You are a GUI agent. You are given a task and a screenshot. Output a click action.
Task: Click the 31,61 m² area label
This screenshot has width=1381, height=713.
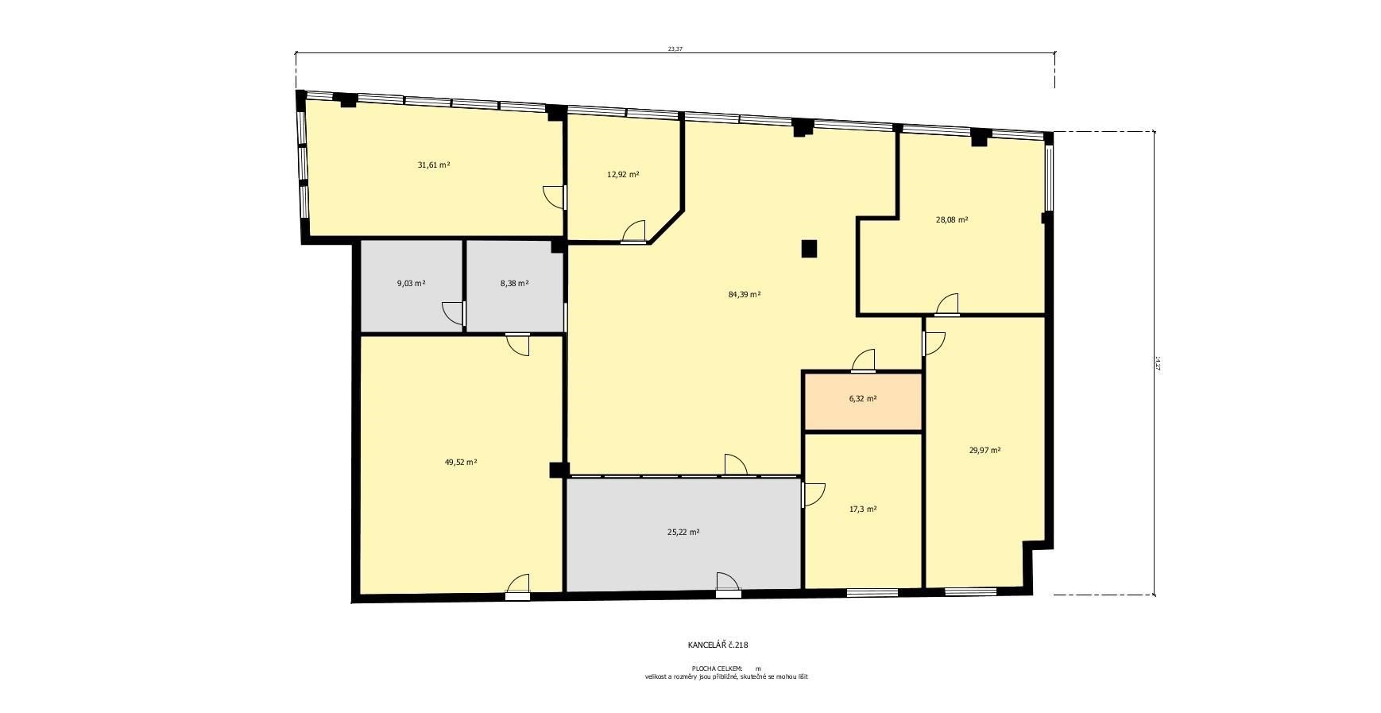(x=434, y=165)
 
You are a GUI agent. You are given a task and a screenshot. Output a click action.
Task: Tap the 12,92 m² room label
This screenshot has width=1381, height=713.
(x=623, y=174)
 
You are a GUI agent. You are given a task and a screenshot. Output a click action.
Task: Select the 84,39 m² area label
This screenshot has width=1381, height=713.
(x=745, y=294)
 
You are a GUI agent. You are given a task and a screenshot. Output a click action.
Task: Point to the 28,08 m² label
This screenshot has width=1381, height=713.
(x=952, y=220)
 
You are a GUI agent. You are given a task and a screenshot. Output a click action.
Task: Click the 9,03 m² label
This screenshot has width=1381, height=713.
(x=411, y=283)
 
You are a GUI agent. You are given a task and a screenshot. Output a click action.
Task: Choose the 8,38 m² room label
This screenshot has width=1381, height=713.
(x=514, y=283)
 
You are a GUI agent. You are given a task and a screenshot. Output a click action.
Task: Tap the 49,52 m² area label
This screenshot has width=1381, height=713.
(x=461, y=462)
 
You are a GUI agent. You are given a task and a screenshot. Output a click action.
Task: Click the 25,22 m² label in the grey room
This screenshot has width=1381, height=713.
(x=683, y=533)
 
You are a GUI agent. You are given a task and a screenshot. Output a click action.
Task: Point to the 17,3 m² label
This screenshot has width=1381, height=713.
(x=863, y=510)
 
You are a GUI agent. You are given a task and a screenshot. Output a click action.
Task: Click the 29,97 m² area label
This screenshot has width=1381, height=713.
(x=984, y=450)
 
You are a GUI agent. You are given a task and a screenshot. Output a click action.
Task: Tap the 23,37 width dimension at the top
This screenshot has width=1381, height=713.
(x=675, y=48)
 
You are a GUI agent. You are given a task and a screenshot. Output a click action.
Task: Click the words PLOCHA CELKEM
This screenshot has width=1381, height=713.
(x=718, y=668)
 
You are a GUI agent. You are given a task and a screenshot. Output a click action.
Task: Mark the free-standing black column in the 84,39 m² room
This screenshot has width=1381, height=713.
(x=809, y=249)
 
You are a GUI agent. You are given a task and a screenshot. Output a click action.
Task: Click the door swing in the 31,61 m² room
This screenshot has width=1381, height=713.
(x=555, y=196)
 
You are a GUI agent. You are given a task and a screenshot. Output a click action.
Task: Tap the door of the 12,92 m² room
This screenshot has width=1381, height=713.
(x=634, y=231)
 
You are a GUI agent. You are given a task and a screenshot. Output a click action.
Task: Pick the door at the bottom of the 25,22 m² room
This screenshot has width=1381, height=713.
(x=727, y=584)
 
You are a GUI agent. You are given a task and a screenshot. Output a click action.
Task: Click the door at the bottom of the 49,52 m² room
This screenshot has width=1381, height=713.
(x=518, y=586)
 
